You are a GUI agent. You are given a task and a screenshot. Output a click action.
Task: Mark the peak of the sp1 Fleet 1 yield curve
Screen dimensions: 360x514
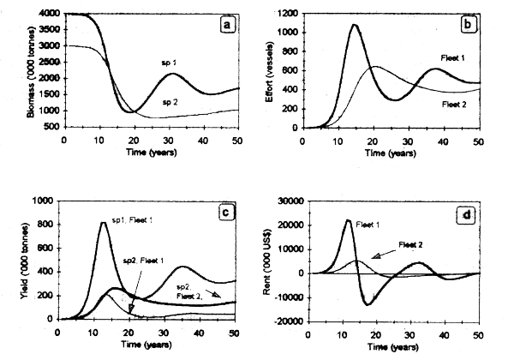tap(103, 223)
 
